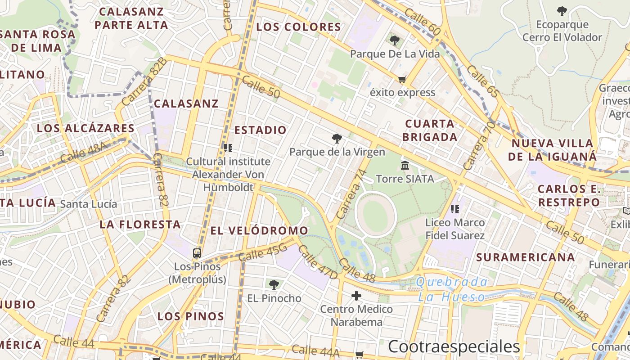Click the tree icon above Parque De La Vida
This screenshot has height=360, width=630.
[x=395, y=40]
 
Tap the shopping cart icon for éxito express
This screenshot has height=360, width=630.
[x=402, y=80]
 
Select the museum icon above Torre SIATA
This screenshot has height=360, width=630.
[x=405, y=166]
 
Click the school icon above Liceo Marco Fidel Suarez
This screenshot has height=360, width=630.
[x=454, y=209]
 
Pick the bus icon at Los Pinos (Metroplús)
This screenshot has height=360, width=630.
[x=197, y=253]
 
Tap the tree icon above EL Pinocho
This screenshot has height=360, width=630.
[x=274, y=284]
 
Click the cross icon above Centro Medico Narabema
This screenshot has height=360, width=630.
[x=356, y=296]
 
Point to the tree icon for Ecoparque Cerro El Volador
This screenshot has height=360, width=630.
[x=562, y=11]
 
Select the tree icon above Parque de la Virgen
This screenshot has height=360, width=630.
[x=337, y=139]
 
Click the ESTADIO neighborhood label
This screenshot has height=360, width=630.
[x=261, y=130]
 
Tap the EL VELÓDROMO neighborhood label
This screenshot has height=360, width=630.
[x=260, y=231]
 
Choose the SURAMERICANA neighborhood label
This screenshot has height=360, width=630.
[x=526, y=257]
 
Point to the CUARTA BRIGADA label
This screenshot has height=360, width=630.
[x=430, y=130]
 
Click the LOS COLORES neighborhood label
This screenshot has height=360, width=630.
[x=299, y=27]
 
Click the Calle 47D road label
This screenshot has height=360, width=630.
[x=318, y=262]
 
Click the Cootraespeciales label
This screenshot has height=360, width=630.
[x=454, y=347]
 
